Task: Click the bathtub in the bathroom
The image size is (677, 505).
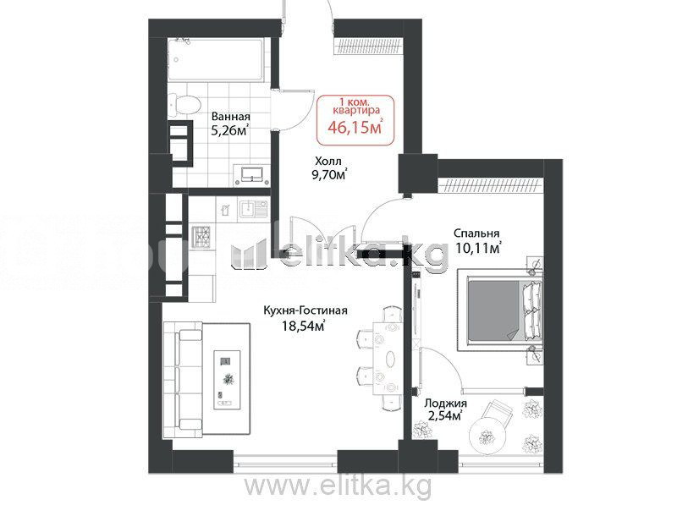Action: point(215,59)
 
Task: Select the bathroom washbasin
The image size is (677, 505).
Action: point(251,175)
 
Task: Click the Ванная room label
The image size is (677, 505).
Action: point(230,117)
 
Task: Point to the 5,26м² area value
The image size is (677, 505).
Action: point(229,130)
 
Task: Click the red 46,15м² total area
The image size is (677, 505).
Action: point(355,128)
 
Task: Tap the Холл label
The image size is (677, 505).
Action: point(328,162)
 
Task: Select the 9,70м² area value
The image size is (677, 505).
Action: point(331,175)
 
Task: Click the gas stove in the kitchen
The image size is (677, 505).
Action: point(201,238)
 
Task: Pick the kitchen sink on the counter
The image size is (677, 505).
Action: point(253,210)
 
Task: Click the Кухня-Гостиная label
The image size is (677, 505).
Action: point(305,310)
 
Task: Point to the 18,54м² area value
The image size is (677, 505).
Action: point(303,326)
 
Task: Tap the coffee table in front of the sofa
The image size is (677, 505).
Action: point(228,380)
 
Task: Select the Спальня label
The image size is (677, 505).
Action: point(476,233)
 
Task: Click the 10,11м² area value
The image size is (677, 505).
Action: point(478,249)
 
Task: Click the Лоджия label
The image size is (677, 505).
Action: point(445,403)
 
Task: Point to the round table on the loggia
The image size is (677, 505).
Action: point(488,436)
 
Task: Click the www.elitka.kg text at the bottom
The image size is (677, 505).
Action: point(338,486)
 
